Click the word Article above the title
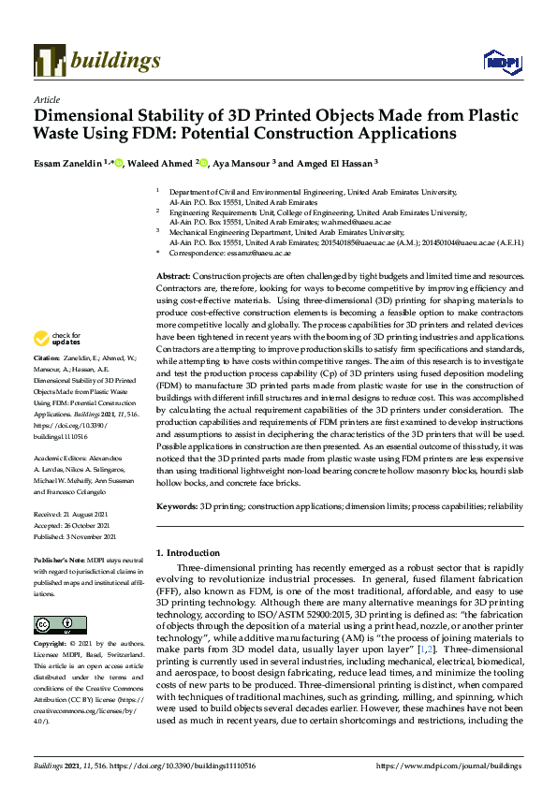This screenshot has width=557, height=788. tap(46, 99)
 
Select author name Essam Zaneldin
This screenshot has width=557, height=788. tap(66, 162)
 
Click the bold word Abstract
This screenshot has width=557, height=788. tap(172, 278)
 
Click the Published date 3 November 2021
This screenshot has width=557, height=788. tap(75, 537)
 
